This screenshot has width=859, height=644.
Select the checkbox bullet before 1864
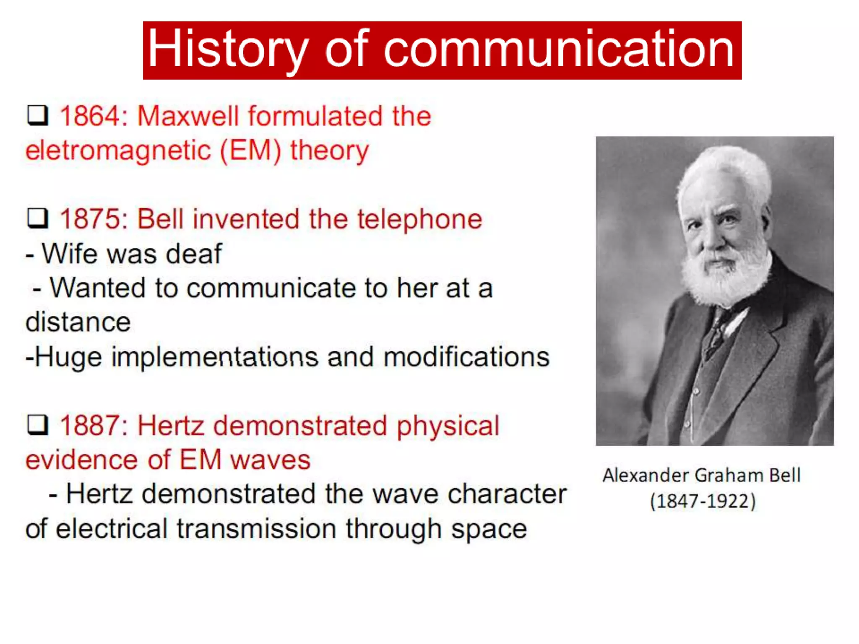(38, 115)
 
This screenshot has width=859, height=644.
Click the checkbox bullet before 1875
(38, 218)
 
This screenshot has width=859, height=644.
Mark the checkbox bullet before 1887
(38, 425)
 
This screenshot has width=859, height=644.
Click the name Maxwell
(187, 116)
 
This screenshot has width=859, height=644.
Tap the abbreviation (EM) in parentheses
(250, 151)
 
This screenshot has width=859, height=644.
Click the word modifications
(466, 357)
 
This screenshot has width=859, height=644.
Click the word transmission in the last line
(256, 529)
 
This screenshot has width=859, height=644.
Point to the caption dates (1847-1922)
(703, 501)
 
